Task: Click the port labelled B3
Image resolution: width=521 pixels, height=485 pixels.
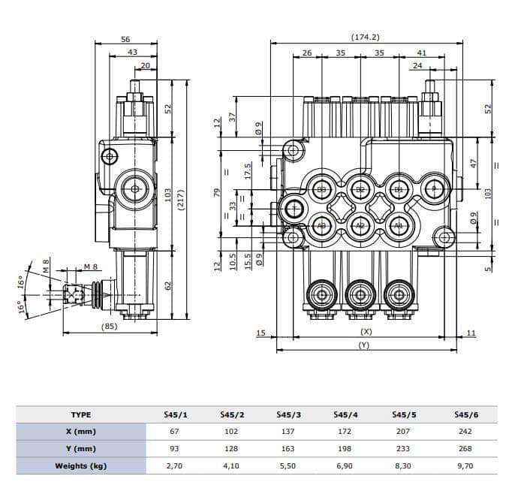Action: tap(321, 189)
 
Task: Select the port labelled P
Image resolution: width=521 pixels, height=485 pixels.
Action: tap(434, 188)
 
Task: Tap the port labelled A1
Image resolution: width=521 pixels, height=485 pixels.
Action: tap(398, 225)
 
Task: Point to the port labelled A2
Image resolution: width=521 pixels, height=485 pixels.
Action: tap(360, 225)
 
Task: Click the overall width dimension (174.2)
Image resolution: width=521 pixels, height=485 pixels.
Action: tap(365, 37)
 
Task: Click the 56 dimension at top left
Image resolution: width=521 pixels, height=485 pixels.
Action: tap(125, 39)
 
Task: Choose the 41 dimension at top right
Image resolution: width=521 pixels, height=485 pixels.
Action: tap(421, 53)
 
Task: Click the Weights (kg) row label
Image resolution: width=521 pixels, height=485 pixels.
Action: tap(80, 465)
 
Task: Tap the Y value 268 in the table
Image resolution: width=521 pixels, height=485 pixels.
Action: tap(463, 449)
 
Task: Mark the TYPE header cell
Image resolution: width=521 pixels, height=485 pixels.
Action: tap(80, 414)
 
